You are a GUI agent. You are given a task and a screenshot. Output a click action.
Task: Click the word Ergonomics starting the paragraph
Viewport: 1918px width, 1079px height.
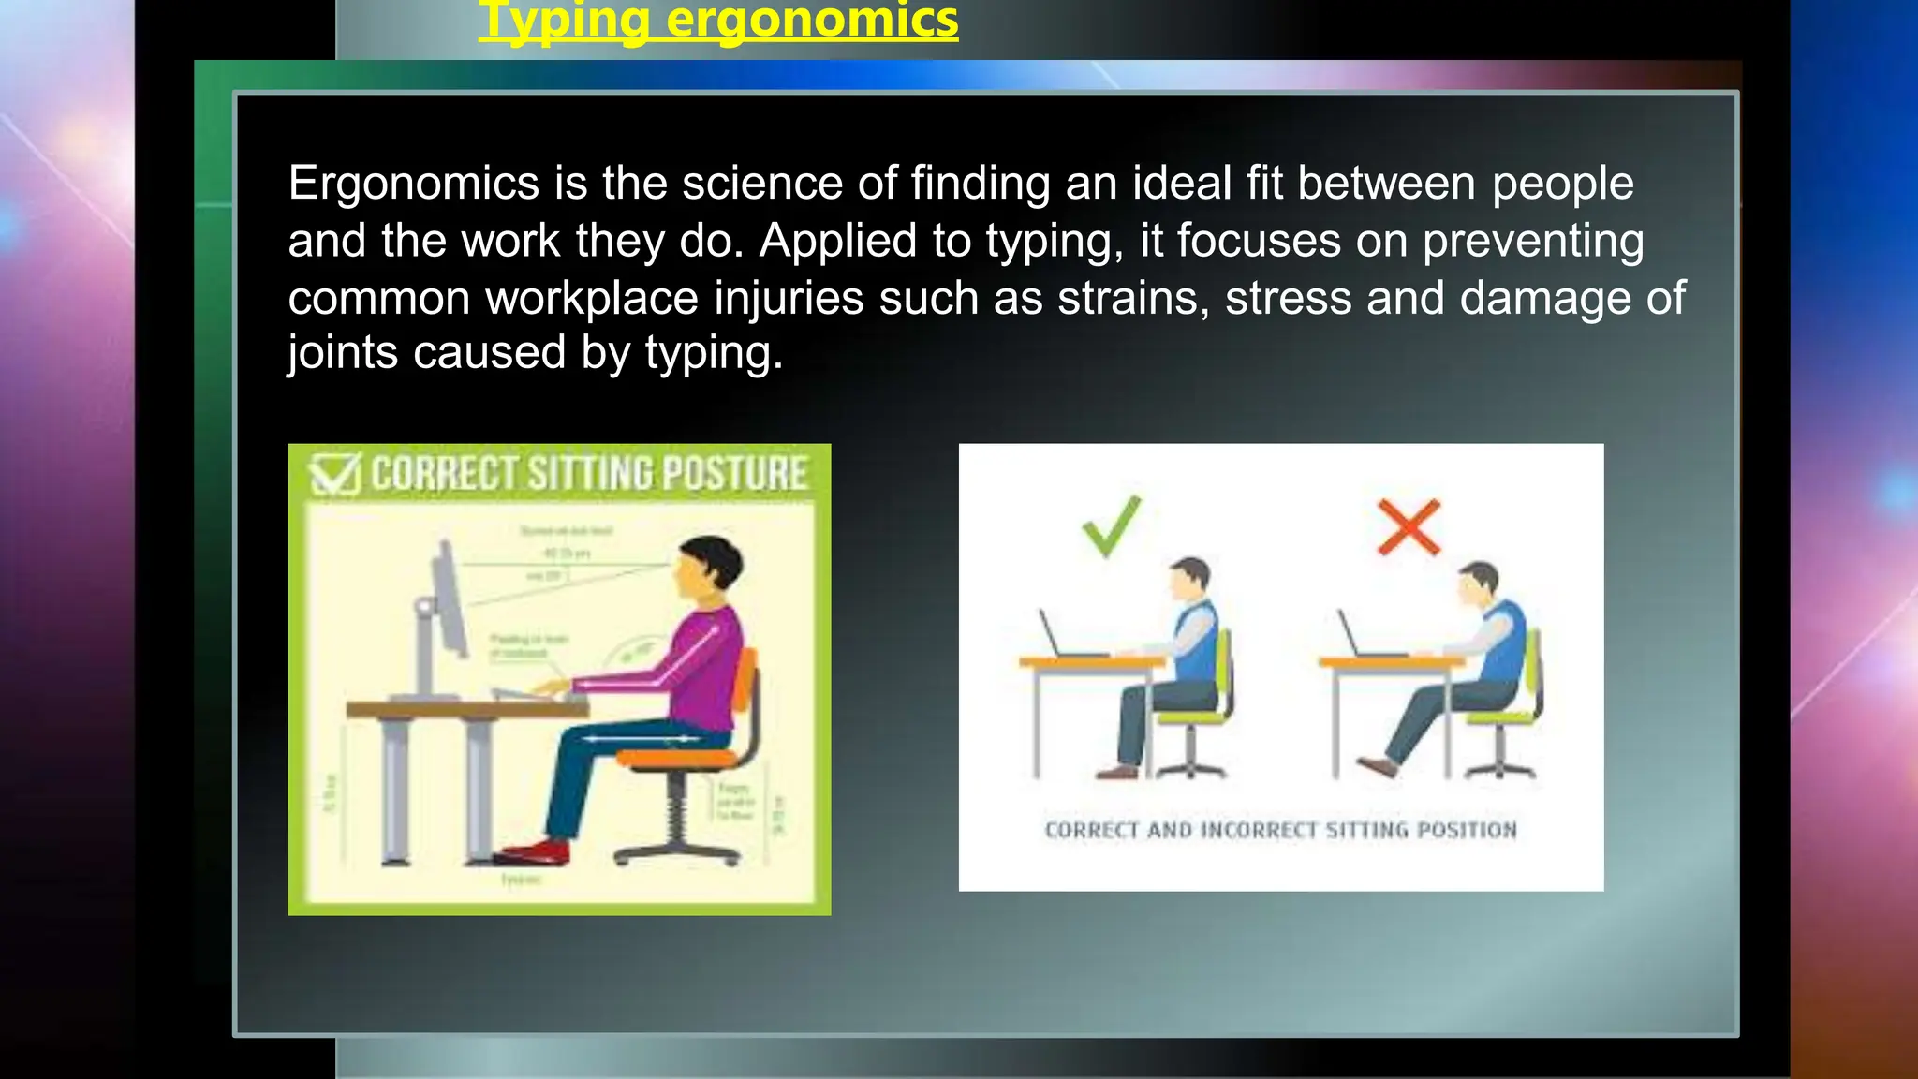point(413,184)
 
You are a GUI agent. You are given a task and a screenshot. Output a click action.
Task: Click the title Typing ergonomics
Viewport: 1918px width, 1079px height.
point(718,21)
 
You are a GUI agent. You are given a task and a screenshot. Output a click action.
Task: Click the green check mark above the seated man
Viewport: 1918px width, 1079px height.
point(1112,525)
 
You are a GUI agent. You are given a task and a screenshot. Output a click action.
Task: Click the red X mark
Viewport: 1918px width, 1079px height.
point(1409,526)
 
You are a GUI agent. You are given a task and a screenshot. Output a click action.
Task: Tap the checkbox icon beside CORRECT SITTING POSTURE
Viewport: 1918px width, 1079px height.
point(335,474)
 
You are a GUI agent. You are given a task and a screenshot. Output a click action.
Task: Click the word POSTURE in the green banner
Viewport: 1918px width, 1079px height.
point(734,474)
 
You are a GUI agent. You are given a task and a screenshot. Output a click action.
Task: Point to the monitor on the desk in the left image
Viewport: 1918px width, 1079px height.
point(449,599)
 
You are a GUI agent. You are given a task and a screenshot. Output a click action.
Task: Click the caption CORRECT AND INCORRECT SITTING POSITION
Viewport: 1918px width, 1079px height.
point(1280,831)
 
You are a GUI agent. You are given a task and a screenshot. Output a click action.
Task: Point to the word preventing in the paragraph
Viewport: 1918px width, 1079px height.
point(1532,242)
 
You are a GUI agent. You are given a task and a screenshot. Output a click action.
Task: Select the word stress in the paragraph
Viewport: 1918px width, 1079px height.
point(1288,299)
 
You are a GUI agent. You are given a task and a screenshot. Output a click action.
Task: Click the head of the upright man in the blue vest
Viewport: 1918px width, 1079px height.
point(1189,581)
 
